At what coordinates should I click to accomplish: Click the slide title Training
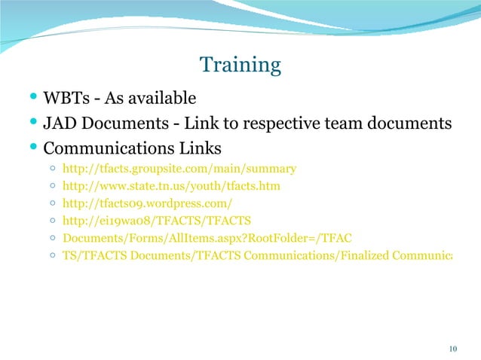240,66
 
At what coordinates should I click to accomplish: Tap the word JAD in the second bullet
61,122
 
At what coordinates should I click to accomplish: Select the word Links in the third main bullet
203,146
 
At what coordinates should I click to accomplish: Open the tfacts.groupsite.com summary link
179,169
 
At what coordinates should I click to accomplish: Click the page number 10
453,348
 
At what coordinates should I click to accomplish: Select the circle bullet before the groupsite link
51,169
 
